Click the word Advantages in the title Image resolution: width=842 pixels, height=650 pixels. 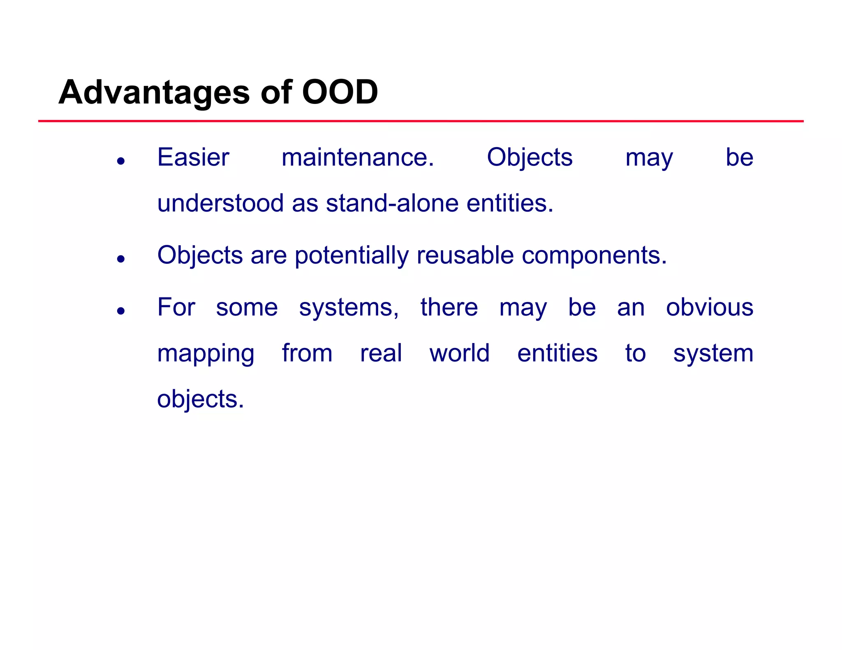pyautogui.click(x=154, y=92)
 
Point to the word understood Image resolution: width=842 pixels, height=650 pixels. pyautogui.click(x=220, y=203)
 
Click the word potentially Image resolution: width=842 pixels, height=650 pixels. pyautogui.click(x=352, y=255)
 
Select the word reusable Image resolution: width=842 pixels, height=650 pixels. pyautogui.click(x=465, y=255)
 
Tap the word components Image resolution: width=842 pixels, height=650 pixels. pyautogui.click(x=594, y=255)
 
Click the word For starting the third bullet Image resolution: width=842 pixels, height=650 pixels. pyautogui.click(x=176, y=307)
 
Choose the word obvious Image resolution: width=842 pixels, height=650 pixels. pyautogui.click(x=710, y=307)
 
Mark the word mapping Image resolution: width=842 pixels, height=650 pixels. pyautogui.click(x=206, y=353)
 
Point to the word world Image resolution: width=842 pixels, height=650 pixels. pyautogui.click(x=459, y=353)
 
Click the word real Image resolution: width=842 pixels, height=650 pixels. pyautogui.click(x=381, y=353)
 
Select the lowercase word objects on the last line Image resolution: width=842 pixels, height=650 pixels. pyautogui.click(x=200, y=399)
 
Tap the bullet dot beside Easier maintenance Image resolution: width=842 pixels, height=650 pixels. pyautogui.click(x=120, y=161)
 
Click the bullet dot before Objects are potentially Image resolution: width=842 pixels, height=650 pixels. pyautogui.click(x=120, y=259)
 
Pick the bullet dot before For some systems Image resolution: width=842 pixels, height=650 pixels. pyautogui.click(x=120, y=311)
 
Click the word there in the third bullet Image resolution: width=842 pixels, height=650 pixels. pyautogui.click(x=449, y=307)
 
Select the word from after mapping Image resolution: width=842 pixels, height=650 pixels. pyautogui.click(x=307, y=353)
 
